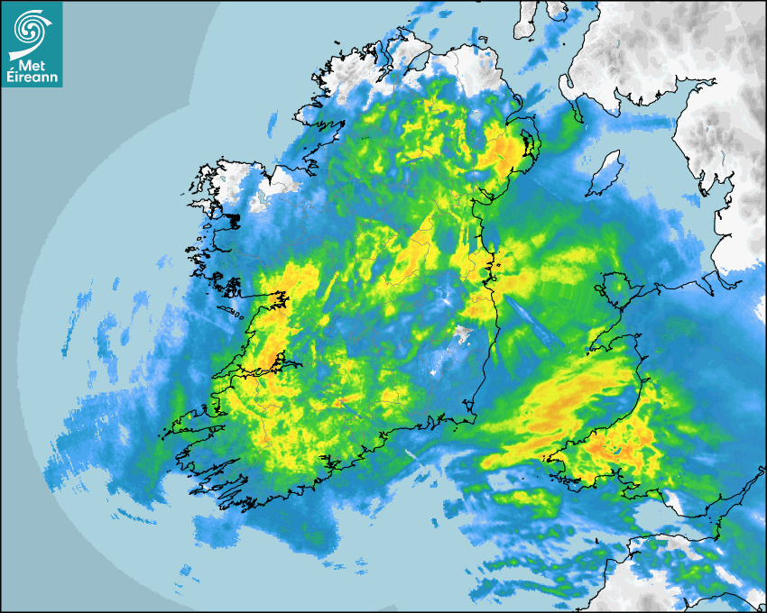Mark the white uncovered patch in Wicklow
[463, 335]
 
